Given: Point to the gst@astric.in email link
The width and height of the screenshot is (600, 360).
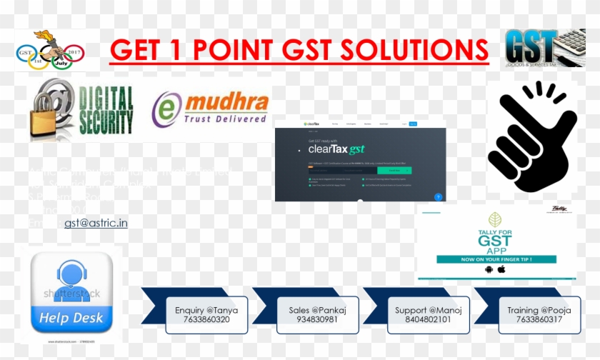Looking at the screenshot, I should point(96,223).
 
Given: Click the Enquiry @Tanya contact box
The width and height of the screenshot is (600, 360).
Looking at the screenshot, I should point(206,315).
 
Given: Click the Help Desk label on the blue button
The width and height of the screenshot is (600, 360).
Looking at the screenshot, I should point(71,318).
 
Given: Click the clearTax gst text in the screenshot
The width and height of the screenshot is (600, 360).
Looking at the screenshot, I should point(336,150).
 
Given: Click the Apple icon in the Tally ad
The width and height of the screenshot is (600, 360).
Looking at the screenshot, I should point(501,269).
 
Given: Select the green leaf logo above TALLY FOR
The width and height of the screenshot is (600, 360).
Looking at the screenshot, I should point(495,219).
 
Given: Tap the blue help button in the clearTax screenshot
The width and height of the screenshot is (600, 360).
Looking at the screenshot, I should point(438,196).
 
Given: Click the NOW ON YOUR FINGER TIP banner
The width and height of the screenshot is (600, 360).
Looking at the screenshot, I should point(496,259).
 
